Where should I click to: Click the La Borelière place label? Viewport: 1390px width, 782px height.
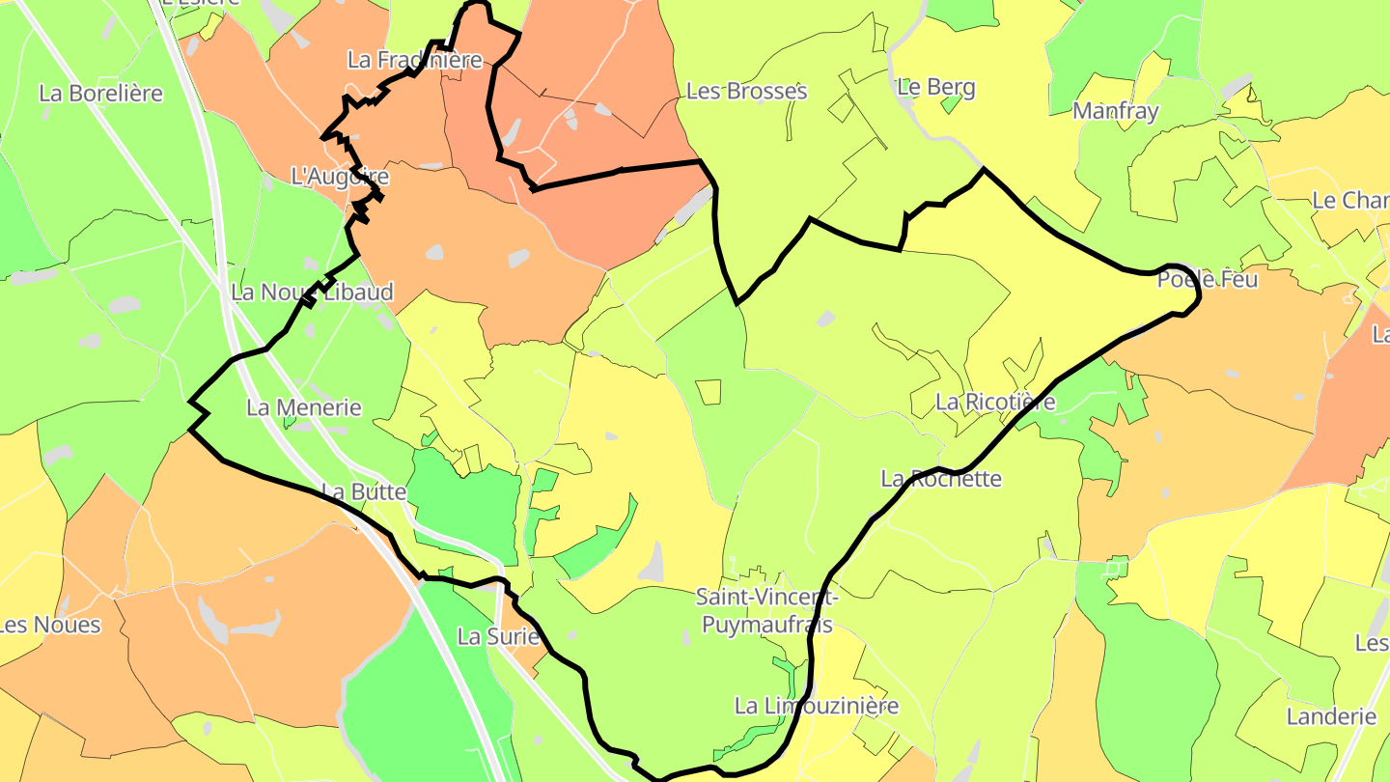coord(101,94)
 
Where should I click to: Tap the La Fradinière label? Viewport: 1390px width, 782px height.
coord(414,60)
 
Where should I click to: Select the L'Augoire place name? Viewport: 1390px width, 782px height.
coord(340,177)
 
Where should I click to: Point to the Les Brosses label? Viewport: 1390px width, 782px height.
coord(746,92)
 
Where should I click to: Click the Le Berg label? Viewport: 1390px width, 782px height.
coord(936,88)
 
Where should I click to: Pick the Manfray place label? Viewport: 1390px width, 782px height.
coord(1115,111)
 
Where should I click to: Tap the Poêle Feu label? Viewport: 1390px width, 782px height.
coord(1208,280)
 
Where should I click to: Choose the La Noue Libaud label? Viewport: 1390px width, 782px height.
coord(312,292)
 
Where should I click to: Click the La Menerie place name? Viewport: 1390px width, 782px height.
coord(303,407)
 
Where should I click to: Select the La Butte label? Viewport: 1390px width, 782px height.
coord(364,491)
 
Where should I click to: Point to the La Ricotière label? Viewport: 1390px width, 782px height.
coord(995,402)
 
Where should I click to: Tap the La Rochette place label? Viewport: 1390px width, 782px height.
coord(941,479)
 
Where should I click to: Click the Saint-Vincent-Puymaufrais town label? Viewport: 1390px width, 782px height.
coord(766,610)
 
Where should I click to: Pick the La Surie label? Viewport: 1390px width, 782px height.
coord(497,637)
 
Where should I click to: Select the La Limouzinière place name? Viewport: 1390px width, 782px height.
coord(817,706)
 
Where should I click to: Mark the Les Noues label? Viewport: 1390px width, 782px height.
coord(50,625)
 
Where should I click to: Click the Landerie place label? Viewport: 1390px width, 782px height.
coord(1331,716)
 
